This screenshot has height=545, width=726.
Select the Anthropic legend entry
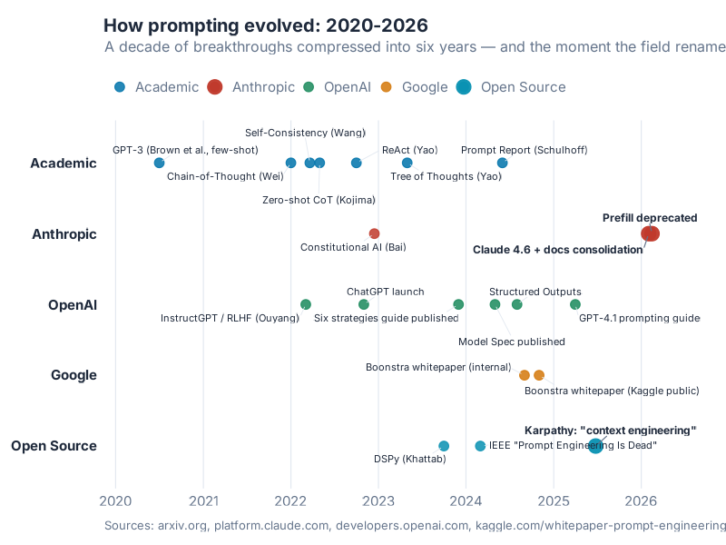point(251,87)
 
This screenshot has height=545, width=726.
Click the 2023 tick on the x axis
point(378,500)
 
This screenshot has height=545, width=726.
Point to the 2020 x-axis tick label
point(115,500)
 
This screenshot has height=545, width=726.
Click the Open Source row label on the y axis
point(54,446)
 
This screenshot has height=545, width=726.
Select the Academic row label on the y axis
point(64,163)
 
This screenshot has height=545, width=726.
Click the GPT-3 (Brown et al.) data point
point(159,163)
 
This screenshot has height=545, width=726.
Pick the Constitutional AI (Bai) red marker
point(374,233)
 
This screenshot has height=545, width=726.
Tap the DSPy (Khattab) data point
point(444,446)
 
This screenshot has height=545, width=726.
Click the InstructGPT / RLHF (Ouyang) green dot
point(306,304)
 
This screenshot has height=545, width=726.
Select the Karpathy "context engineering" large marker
point(595,445)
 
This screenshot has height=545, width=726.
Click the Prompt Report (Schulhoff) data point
point(502,163)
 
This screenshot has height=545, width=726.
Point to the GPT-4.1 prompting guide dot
point(574,304)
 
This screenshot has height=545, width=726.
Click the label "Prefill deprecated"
point(650,218)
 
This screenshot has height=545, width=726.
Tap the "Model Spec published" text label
point(512,342)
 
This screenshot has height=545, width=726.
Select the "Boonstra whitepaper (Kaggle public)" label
point(612,391)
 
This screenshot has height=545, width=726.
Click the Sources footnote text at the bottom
point(416,525)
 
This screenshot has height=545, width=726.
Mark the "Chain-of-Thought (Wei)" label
point(225,176)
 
